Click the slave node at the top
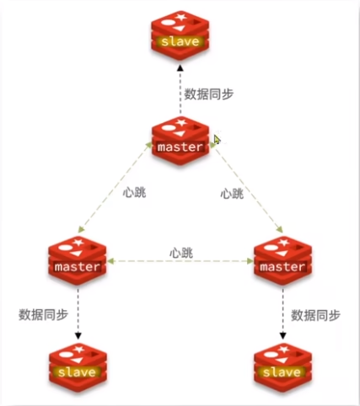coord(180,35)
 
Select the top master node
coord(180,141)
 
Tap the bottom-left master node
coord(78,260)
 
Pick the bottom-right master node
coord(282,260)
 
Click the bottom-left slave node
coord(78,367)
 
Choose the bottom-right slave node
coord(282,367)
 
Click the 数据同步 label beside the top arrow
coord(208,94)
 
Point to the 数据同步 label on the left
coord(43,314)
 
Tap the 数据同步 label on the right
coord(315,315)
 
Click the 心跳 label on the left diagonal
coord(134,193)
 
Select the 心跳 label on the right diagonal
coord(232,194)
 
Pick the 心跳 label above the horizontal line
coord(181,253)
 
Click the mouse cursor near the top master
coord(218,140)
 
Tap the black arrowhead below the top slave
coord(180,67)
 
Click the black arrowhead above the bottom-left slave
coord(78,336)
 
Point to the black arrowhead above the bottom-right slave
coord(282,336)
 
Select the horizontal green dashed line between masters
coord(180,261)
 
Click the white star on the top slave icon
coord(180,17)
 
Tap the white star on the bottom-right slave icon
coord(283,350)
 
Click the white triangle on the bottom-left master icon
coord(77,254)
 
